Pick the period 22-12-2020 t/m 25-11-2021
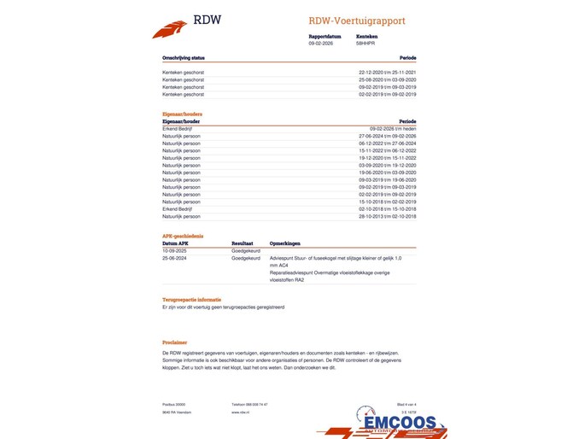click(387, 72)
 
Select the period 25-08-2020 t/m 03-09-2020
click(387, 79)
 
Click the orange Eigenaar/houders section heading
click(182, 114)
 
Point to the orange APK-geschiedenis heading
click(183, 236)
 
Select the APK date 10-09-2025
click(174, 250)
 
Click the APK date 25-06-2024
click(174, 257)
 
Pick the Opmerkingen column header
click(285, 243)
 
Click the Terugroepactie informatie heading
click(191, 301)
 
